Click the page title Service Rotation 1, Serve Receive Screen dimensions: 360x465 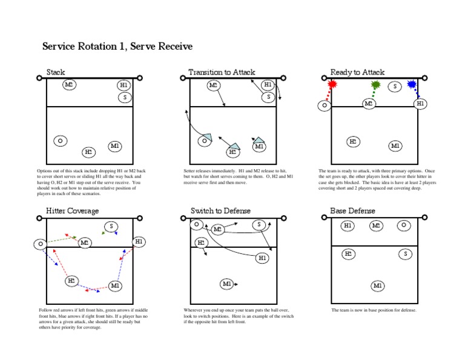coord(117,47)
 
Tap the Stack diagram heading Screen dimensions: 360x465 coord(56,72)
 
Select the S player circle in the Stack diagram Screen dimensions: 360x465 coord(125,97)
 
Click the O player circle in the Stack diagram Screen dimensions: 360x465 coord(60,141)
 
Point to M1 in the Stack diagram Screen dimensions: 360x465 coord(115,146)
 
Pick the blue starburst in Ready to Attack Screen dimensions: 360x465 coord(412,85)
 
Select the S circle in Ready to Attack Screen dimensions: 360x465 coord(395,87)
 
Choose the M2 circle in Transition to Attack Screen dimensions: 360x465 coord(214,85)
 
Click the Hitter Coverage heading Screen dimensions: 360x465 coord(73,210)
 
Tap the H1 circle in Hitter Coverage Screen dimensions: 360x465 coord(139,241)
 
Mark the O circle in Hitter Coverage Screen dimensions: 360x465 coord(40,244)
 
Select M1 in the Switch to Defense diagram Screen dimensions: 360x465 coord(227,283)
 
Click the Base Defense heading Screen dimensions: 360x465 coord(352,210)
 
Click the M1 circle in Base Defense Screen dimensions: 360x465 coord(377,285)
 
